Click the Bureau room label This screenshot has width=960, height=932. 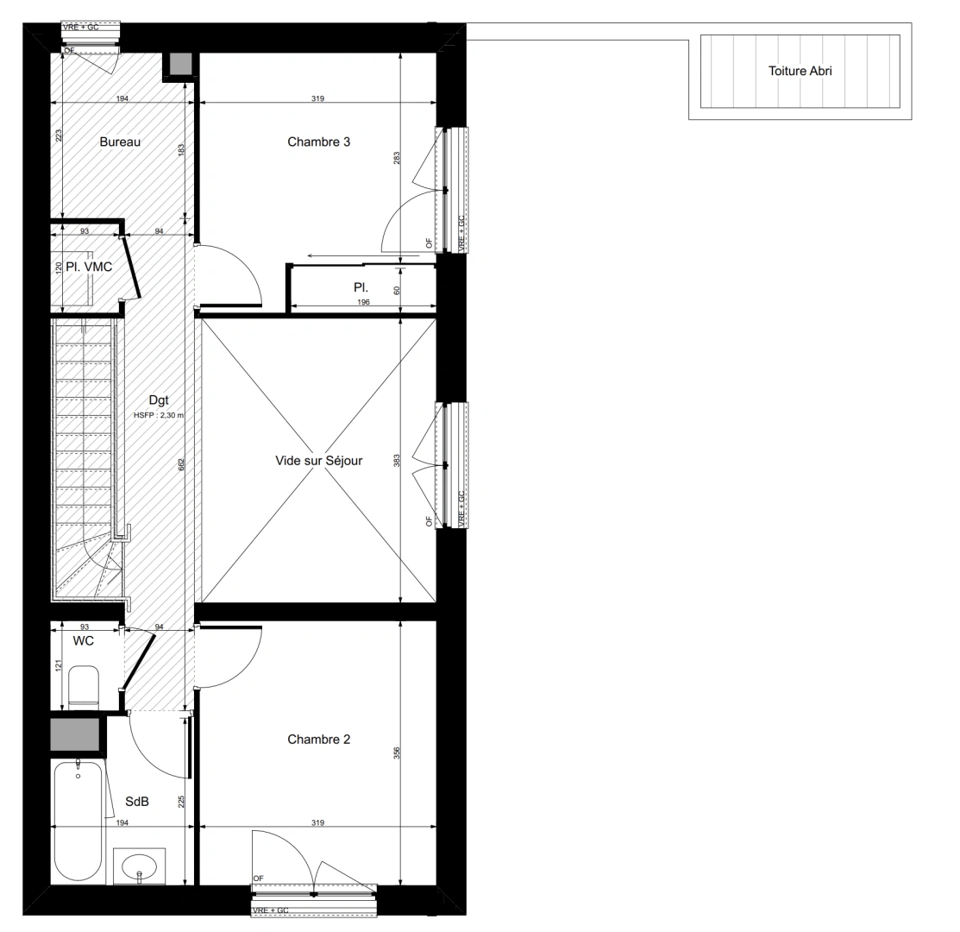tap(120, 142)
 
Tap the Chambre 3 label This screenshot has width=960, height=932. tap(318, 142)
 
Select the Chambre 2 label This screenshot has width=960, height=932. tap(318, 740)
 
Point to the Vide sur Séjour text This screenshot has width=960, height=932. tap(318, 461)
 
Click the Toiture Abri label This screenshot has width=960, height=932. tap(800, 71)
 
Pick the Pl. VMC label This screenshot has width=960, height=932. tap(89, 267)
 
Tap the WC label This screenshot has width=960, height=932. tap(84, 641)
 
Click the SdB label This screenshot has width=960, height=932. tap(137, 802)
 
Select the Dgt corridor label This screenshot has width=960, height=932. tap(159, 400)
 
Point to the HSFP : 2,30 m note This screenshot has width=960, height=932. tap(159, 415)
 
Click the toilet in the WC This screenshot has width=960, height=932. tap(84, 686)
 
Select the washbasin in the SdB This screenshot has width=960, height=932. tap(139, 866)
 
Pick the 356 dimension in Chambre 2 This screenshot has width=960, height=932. tap(397, 753)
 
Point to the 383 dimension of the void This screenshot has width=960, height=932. tap(397, 460)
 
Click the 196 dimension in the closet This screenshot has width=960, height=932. tap(362, 303)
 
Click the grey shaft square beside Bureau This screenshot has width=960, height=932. tap(180, 65)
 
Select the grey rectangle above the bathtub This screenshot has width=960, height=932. tap(74, 734)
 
